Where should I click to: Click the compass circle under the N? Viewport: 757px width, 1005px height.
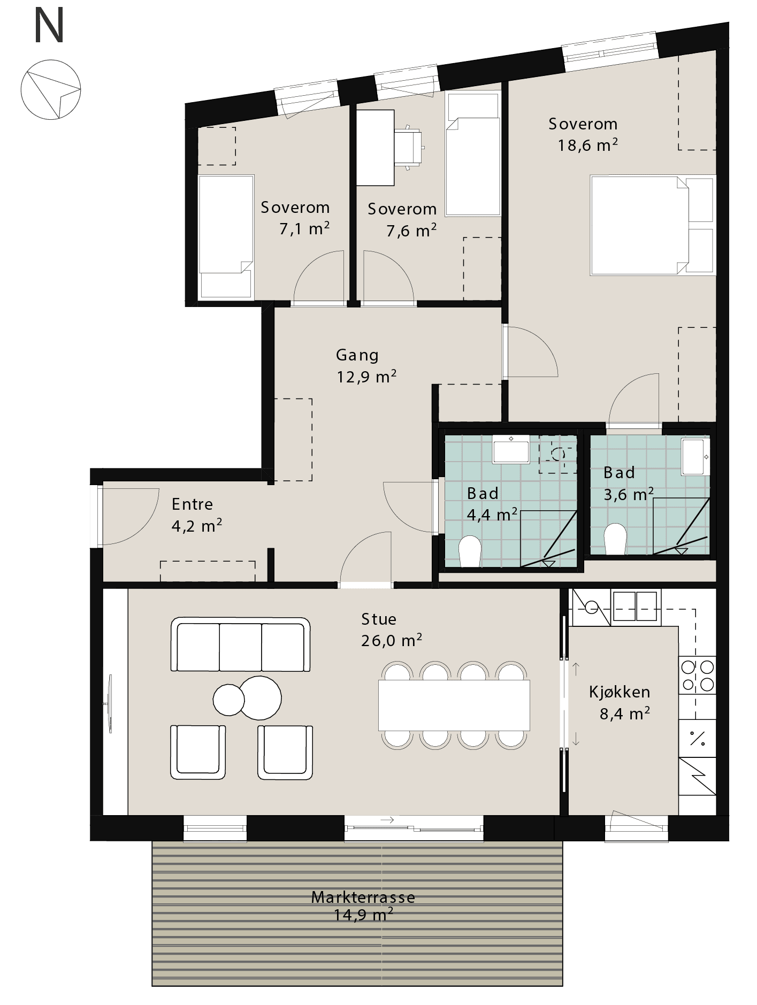pos(51,60)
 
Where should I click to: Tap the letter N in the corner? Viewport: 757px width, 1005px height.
pos(49,26)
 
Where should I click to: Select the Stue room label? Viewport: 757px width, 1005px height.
pos(379,619)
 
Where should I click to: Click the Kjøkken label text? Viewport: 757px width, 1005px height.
pos(620,692)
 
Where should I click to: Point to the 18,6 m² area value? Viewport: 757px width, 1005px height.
pos(588,145)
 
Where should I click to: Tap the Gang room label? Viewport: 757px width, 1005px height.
pos(357,355)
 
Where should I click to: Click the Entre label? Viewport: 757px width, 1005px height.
pos(192,504)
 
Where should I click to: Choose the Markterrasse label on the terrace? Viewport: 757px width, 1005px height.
pos(363,897)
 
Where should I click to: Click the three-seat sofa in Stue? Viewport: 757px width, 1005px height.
pos(241,645)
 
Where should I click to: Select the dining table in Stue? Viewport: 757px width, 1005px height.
pos(454,705)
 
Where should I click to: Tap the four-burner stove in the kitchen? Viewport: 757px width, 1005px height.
pos(698,676)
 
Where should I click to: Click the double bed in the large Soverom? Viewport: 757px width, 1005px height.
pos(653,225)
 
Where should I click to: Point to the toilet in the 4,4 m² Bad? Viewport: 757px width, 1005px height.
pos(471,551)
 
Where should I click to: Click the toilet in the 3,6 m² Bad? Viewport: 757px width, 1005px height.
pos(615,539)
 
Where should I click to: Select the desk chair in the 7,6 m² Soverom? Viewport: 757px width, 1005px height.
pos(411,147)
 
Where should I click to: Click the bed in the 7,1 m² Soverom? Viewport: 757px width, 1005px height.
pos(225,237)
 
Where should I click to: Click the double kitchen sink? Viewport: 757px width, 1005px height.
pos(634,607)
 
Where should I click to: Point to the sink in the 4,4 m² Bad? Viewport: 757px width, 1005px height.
pos(511,449)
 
